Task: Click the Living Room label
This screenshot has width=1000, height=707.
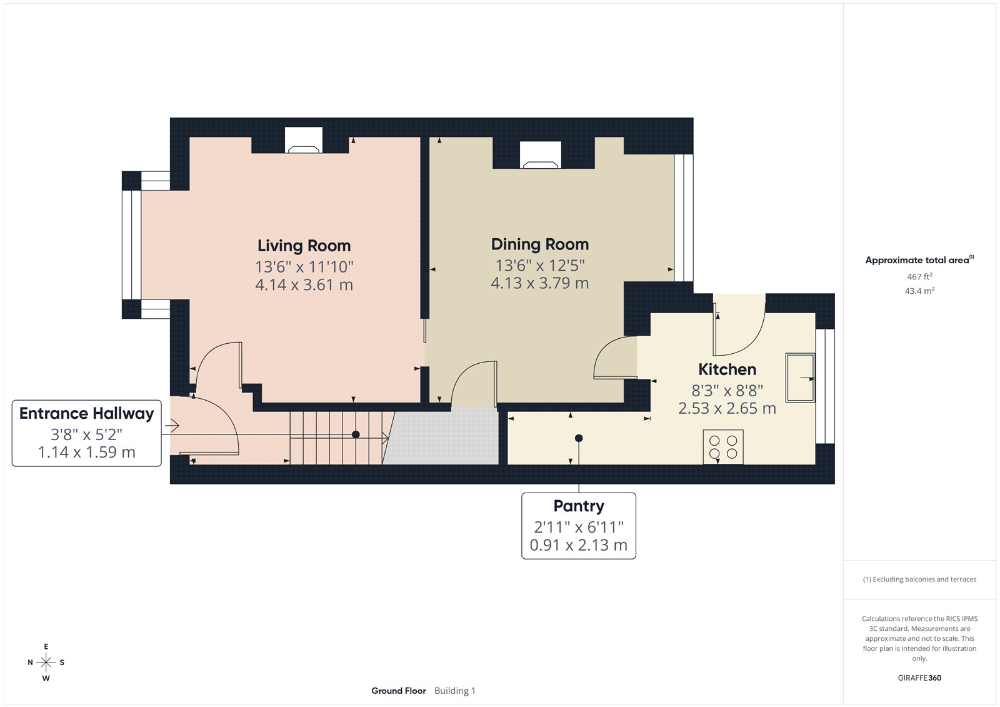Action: coord(304,246)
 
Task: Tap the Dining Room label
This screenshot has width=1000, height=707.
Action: coord(539,244)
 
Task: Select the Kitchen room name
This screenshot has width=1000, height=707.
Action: coord(727,369)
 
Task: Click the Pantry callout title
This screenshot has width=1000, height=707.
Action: coord(578,506)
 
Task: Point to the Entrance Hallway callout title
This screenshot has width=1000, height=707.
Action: coord(86,414)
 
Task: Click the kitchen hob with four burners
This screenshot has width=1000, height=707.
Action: coord(723,446)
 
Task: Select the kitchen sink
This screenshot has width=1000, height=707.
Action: coord(800,377)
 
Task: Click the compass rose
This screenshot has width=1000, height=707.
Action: coord(46,662)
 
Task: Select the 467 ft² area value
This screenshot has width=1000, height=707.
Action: coord(919,276)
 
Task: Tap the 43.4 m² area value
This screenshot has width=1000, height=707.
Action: coord(919,291)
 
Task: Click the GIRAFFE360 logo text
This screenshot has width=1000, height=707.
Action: coord(919,678)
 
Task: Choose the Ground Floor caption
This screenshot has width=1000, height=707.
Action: coord(398,691)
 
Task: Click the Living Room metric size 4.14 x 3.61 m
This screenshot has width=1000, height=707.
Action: coord(304,285)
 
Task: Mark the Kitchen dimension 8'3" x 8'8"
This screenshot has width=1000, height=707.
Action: coord(727,391)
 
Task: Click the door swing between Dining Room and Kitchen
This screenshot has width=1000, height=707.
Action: coord(614,358)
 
